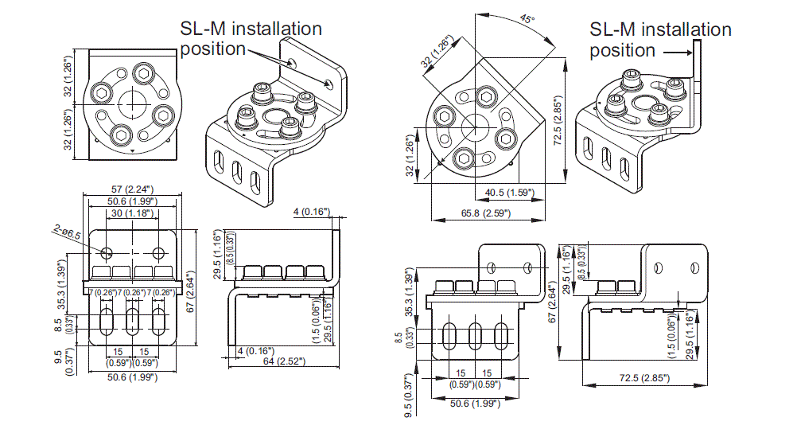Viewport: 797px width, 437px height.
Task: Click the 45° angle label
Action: pos(526,18)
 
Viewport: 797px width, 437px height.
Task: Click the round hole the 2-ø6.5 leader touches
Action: pos(107,252)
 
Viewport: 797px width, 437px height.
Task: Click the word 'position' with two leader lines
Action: pos(213,49)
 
